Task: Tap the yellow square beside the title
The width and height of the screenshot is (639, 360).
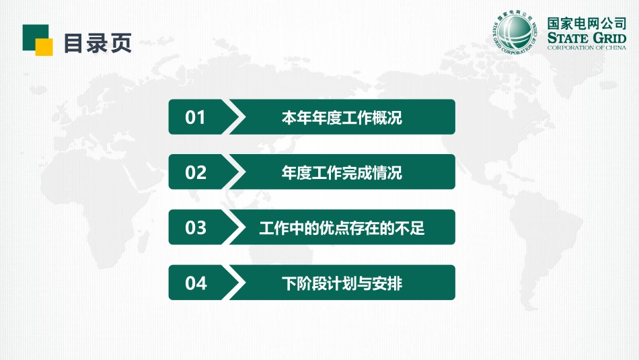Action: [44, 47]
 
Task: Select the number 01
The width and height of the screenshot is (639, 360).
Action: [196, 118]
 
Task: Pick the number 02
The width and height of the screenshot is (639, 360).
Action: [196, 173]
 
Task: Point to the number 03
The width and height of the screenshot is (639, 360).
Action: [196, 228]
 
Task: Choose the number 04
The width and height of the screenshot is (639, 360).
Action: [196, 283]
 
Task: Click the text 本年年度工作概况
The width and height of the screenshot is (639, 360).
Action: [342, 118]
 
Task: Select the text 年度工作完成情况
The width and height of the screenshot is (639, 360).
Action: [342, 173]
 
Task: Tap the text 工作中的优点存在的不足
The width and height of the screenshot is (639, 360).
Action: [342, 228]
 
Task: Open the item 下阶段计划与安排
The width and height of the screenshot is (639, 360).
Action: [342, 283]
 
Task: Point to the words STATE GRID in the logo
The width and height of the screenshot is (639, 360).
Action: [587, 37]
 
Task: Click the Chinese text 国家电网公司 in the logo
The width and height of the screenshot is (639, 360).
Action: [587, 22]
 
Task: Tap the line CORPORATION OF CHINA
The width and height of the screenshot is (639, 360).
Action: [587, 48]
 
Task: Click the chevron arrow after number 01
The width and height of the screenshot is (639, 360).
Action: [237, 117]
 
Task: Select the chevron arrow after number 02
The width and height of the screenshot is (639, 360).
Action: [237, 172]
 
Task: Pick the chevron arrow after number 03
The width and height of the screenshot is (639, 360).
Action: [237, 227]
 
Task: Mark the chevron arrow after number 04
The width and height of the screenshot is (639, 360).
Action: [237, 283]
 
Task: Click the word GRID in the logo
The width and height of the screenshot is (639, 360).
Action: [607, 37]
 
